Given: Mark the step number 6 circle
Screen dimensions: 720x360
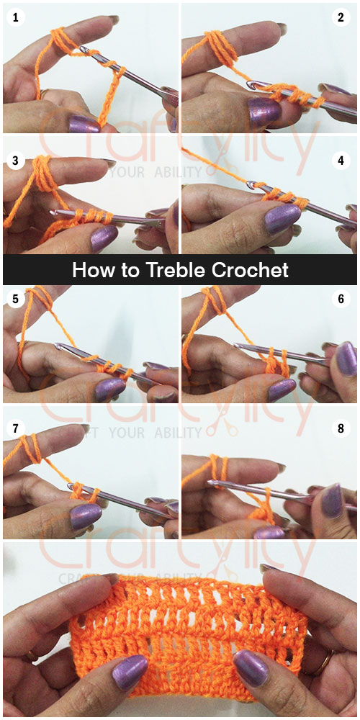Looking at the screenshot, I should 341,297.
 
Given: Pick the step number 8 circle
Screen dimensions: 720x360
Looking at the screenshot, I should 341,428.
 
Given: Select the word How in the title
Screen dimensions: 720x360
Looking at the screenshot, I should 90,270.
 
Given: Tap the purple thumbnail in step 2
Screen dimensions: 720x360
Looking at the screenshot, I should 264,112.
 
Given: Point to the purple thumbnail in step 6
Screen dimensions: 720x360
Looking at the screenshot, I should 281,390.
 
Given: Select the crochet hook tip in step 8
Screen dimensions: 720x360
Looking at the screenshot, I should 211,483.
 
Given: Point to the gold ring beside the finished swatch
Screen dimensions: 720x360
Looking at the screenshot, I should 328,660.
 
